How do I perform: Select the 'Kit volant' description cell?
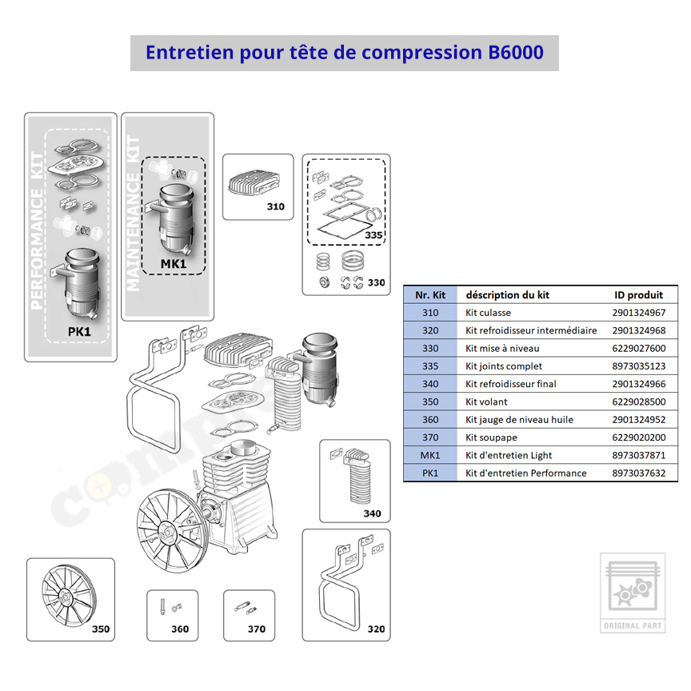[486, 401]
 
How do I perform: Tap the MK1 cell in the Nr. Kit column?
[430, 455]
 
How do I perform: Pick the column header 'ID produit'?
[638, 294]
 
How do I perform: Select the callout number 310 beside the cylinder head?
[275, 207]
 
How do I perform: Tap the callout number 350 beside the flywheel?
[100, 629]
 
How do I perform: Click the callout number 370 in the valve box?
[256, 629]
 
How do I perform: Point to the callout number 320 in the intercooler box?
[375, 629]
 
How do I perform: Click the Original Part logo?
[632, 592]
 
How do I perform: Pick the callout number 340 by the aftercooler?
[372, 513]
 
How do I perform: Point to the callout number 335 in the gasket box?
[373, 235]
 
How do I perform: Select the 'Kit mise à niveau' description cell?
[502, 348]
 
